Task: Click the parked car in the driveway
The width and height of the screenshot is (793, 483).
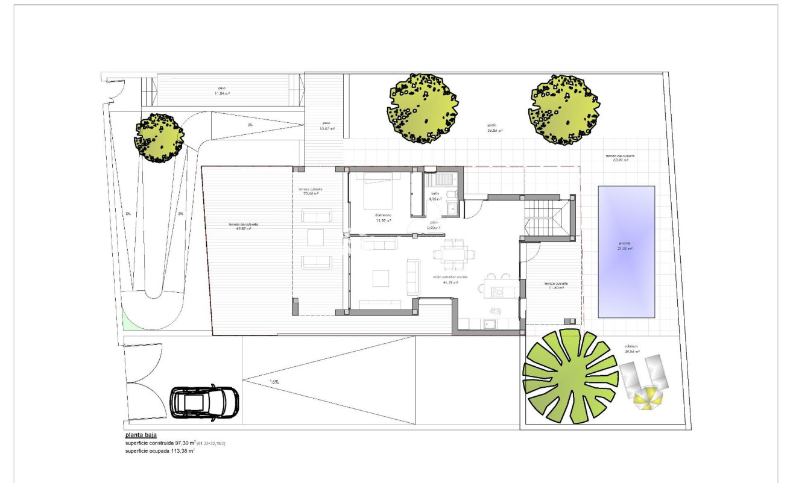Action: click(x=204, y=402)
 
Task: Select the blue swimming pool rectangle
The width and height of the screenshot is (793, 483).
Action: click(x=627, y=251)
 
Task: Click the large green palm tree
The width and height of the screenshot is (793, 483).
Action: click(x=569, y=376)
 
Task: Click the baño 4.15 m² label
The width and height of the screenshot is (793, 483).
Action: click(x=435, y=196)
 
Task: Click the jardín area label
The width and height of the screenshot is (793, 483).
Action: click(x=495, y=128)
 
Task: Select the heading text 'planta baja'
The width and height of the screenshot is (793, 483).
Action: click(x=142, y=435)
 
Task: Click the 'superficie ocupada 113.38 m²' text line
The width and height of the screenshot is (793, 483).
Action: click(x=160, y=450)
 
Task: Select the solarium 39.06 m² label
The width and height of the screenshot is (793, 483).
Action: click(x=632, y=348)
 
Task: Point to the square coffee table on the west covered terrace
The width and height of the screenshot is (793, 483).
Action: click(x=316, y=238)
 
